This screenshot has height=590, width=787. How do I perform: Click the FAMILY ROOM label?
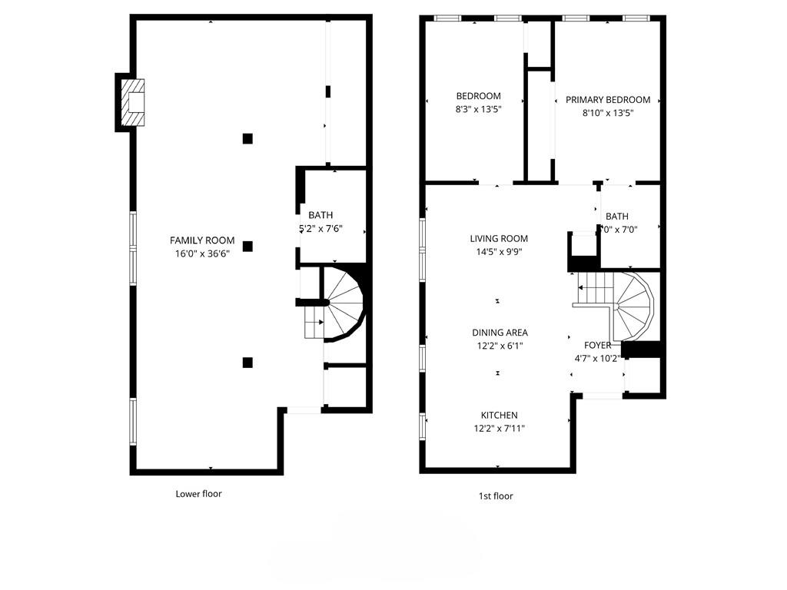pos(202,240)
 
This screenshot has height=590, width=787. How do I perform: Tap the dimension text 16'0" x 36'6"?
pos(202,254)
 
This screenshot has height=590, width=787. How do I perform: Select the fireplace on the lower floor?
pos(133,102)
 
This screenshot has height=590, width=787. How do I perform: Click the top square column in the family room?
pos(247,138)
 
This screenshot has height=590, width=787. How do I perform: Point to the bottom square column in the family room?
pos(247,363)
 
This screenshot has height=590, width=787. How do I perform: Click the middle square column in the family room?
pos(247,246)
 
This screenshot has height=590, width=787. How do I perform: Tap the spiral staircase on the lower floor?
pos(341,305)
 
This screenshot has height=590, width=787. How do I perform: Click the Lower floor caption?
pos(198,494)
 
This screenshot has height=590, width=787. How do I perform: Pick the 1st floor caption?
pos(496,496)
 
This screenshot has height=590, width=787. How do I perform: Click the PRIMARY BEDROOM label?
pos(608,100)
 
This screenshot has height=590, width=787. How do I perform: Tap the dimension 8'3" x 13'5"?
pos(478,109)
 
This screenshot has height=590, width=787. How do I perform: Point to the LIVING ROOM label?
pos(500,239)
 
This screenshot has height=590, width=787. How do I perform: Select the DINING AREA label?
pos(500,333)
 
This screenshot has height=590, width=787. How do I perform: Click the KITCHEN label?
pos(500,416)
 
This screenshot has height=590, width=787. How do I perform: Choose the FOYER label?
pos(597,346)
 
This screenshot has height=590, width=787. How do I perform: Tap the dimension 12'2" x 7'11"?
pos(500,429)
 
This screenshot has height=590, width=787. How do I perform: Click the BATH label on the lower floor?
pos(320,215)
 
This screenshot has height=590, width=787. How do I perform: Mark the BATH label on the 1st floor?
pos(616,217)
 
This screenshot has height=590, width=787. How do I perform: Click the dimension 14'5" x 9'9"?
pos(500,252)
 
